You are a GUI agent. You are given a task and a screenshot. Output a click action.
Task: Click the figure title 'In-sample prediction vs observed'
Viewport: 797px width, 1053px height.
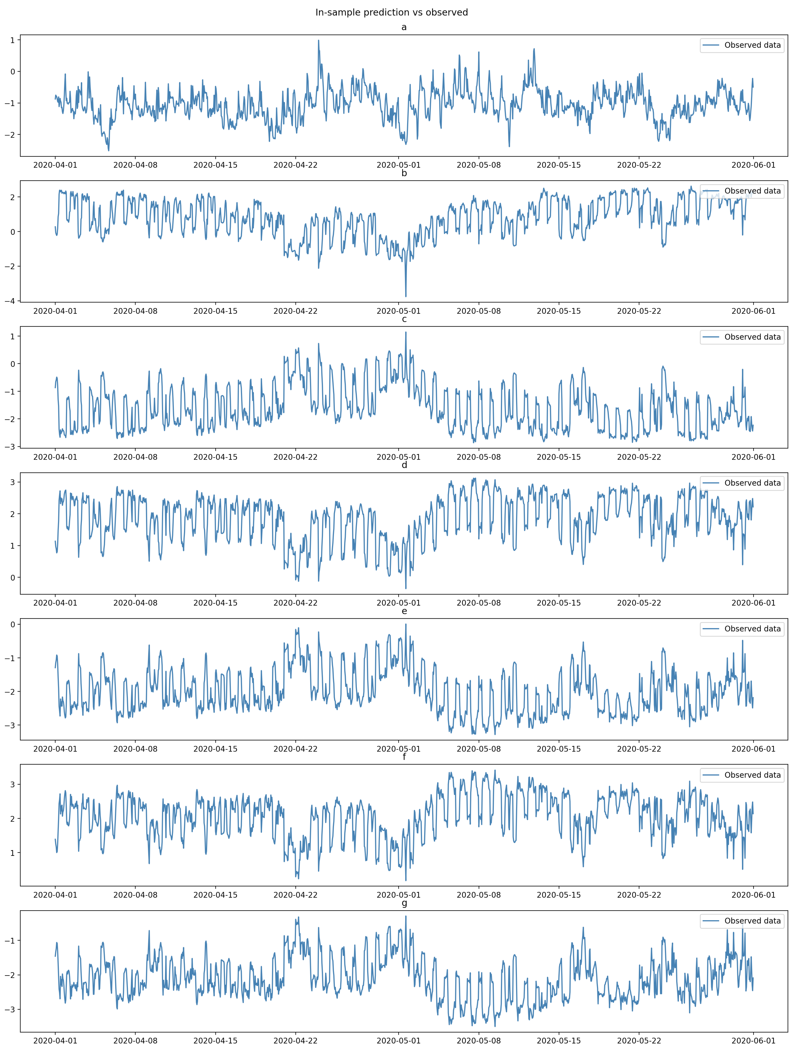point(391,12)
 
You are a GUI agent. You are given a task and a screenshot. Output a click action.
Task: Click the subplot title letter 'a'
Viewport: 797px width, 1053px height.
point(404,27)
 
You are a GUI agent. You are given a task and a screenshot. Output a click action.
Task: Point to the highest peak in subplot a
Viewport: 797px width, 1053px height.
point(318,40)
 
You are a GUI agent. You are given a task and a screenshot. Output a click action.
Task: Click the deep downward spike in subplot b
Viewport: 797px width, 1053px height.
point(406,296)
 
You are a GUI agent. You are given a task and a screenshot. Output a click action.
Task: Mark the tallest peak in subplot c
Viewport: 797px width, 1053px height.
point(406,332)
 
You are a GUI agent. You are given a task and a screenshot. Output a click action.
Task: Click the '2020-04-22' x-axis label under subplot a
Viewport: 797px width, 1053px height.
point(295,165)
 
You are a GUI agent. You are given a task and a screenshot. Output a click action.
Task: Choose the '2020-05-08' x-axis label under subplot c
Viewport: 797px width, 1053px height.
point(479,457)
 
